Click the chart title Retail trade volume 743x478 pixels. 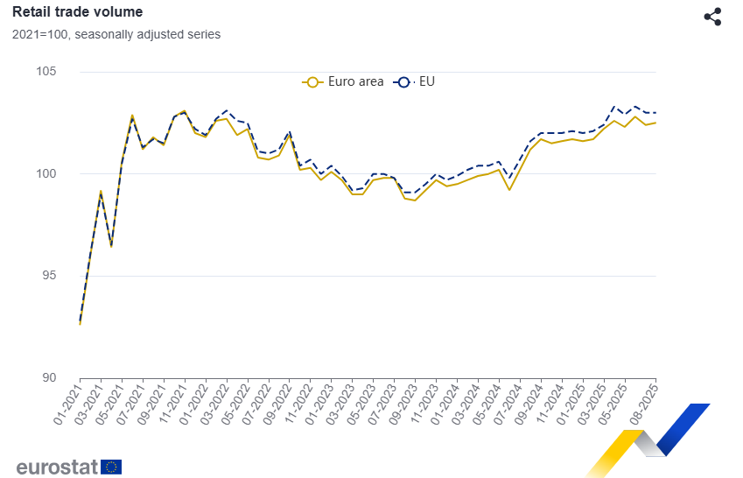point(78,12)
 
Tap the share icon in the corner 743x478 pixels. point(712,17)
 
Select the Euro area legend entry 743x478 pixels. point(343,82)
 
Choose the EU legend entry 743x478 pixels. point(416,82)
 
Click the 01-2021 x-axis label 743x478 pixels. point(67,404)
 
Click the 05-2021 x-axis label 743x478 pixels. point(109,404)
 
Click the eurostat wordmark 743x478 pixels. point(56,467)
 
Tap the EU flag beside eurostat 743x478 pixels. point(111,467)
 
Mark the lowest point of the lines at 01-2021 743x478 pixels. point(81,324)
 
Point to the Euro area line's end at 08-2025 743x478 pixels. point(655,123)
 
